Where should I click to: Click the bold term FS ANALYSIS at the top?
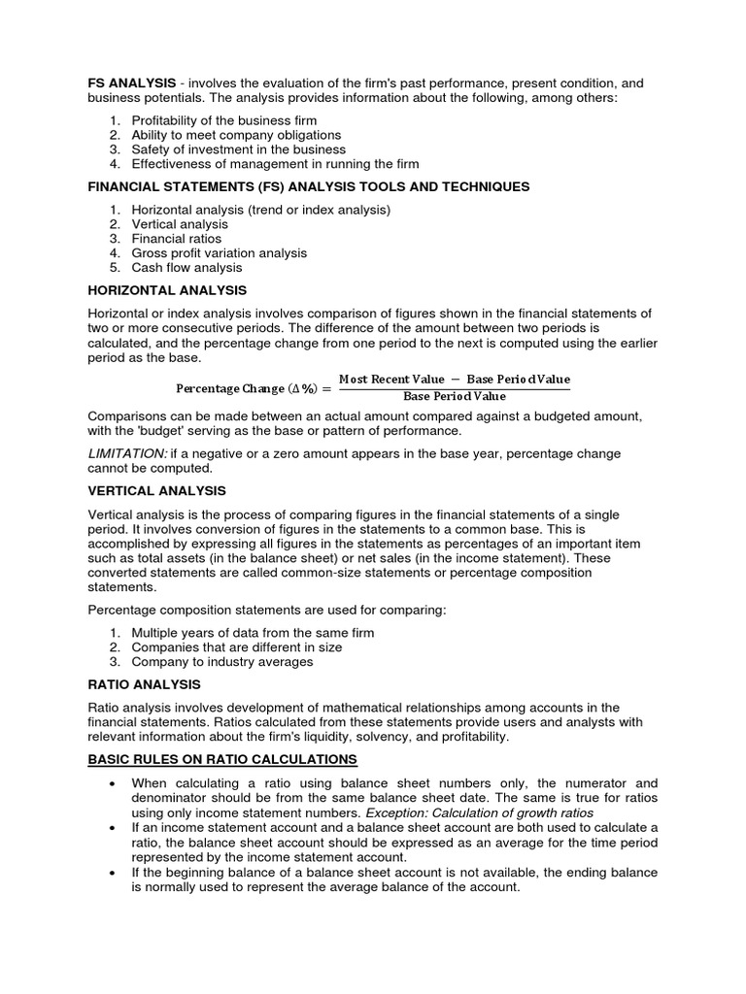132,83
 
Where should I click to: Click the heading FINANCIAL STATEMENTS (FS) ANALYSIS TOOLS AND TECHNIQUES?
309,186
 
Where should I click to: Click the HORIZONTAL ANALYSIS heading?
167,290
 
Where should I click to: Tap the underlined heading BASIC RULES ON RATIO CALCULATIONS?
222,758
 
